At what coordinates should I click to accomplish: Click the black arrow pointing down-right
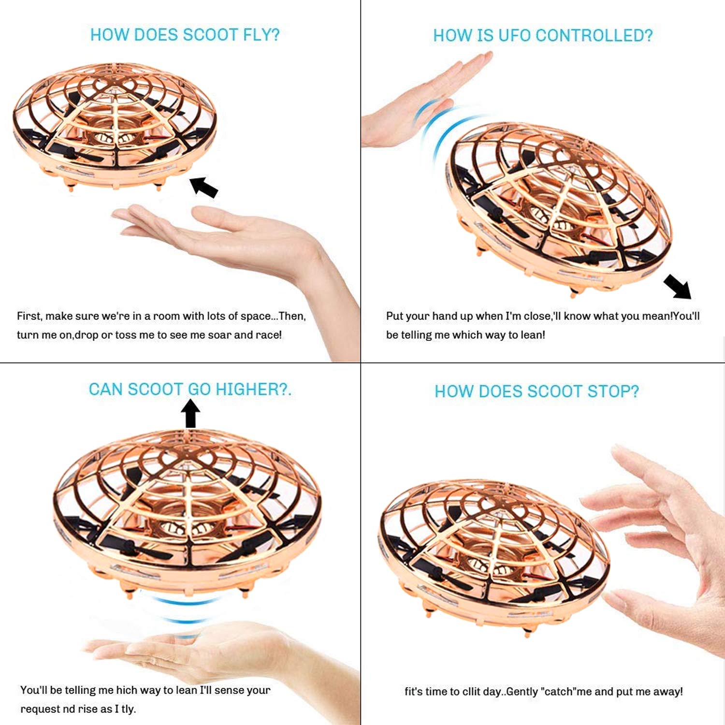pyautogui.click(x=678, y=287)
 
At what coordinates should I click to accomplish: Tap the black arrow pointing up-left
pyautogui.click(x=203, y=187)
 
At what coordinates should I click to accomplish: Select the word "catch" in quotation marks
pyautogui.click(x=559, y=692)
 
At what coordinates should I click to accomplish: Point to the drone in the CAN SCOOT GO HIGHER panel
pyautogui.click(x=188, y=512)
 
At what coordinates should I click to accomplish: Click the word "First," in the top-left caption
pyautogui.click(x=29, y=316)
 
